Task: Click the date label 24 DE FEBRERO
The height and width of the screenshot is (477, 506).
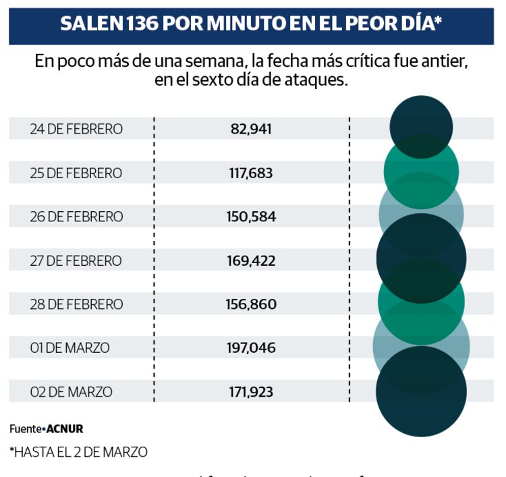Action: (x=76, y=129)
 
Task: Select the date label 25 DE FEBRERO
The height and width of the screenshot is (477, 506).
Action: (x=76, y=173)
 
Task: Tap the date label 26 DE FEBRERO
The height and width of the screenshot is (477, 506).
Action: (x=76, y=217)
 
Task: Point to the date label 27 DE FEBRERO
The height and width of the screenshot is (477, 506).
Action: (x=76, y=261)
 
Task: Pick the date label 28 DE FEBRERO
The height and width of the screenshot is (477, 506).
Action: (x=76, y=305)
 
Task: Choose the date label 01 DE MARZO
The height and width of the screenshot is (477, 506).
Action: (x=69, y=349)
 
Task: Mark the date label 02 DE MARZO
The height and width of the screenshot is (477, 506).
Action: (x=71, y=392)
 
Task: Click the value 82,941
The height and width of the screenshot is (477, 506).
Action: (x=251, y=129)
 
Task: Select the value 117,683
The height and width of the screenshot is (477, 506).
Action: (x=251, y=173)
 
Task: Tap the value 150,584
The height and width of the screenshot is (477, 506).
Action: (x=251, y=217)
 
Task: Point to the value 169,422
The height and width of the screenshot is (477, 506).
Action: (x=251, y=261)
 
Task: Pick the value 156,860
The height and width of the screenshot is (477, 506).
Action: (x=251, y=305)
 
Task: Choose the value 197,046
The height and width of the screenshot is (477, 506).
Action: (x=251, y=349)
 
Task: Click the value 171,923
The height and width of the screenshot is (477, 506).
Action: (x=251, y=392)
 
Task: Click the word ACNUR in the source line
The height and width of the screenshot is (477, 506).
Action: (x=65, y=428)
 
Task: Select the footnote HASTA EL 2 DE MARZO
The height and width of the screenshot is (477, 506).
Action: (x=78, y=452)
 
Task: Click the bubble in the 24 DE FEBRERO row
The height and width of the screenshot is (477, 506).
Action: (x=421, y=126)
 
